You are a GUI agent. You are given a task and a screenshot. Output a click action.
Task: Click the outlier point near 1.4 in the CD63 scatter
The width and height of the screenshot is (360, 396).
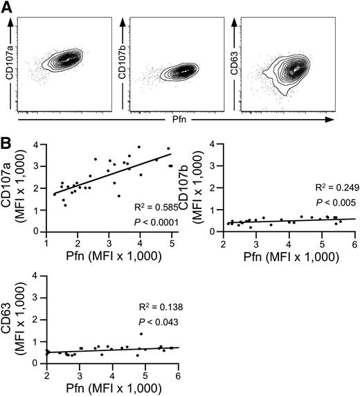click(141, 334)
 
